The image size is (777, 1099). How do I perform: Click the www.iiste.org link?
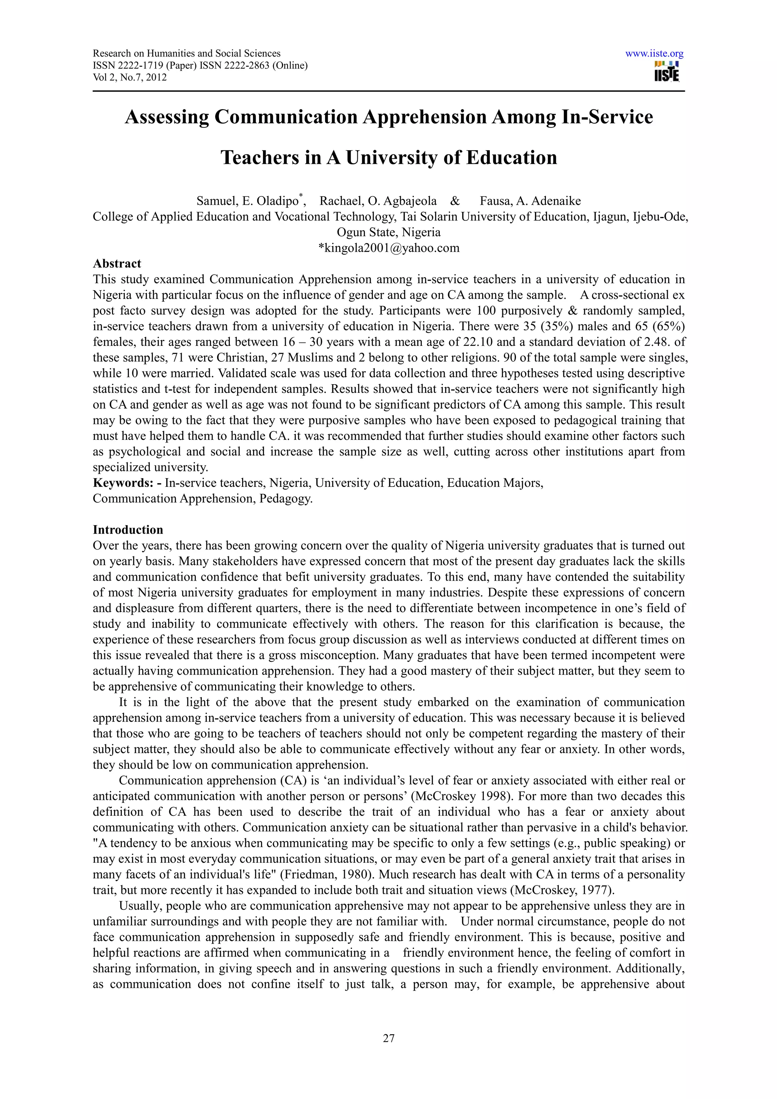pos(654,53)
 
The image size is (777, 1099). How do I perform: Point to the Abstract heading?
pos(117,263)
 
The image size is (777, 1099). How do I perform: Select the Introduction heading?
pos(128,529)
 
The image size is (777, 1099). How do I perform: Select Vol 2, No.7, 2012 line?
pos(130,77)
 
